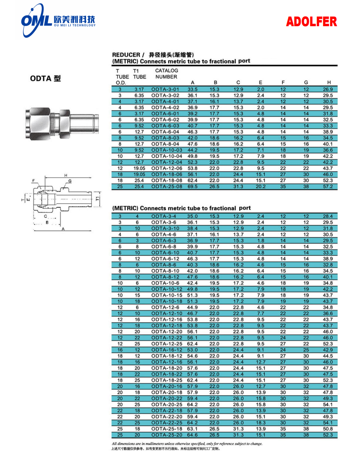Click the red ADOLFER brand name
point(311,22)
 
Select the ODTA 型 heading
point(45,78)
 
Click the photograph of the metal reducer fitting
point(59,124)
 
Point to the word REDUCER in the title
point(126,55)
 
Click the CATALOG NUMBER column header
point(166,74)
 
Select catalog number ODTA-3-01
point(165,89)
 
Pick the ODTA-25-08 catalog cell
point(167,187)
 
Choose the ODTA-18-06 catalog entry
point(167,175)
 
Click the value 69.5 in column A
point(192,187)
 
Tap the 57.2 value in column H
point(328,187)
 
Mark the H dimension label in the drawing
point(66,175)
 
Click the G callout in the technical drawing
point(70,181)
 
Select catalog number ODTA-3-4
point(164,216)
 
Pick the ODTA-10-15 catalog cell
point(167,295)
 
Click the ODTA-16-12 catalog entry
point(167,350)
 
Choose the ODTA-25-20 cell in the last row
point(167,435)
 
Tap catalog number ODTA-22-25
point(167,423)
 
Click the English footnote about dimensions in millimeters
point(187,444)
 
